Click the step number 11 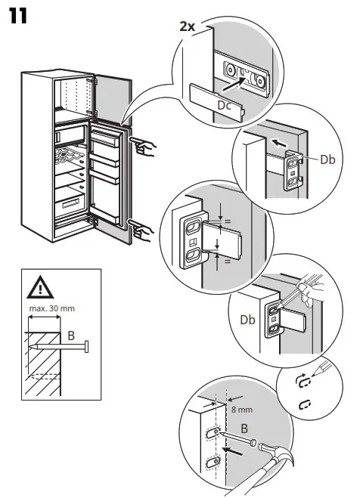[x=18, y=16]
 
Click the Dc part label [x=225, y=106]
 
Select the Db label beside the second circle [x=327, y=159]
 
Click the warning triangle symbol [x=40, y=288]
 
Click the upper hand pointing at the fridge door [x=143, y=144]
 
